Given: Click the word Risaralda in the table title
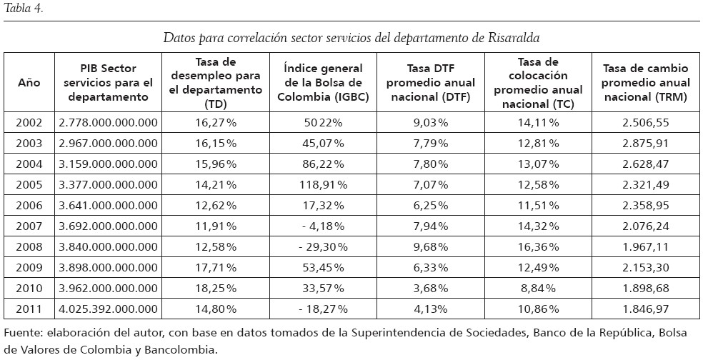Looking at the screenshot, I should click(521, 36).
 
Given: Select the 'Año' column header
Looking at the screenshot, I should click(28, 82).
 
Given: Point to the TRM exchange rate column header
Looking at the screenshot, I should click(645, 82).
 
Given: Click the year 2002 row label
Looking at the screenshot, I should click(29, 122).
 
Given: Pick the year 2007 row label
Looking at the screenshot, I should click(29, 226).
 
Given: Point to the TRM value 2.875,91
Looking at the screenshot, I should click(645, 143).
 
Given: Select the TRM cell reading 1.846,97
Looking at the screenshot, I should click(645, 309).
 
